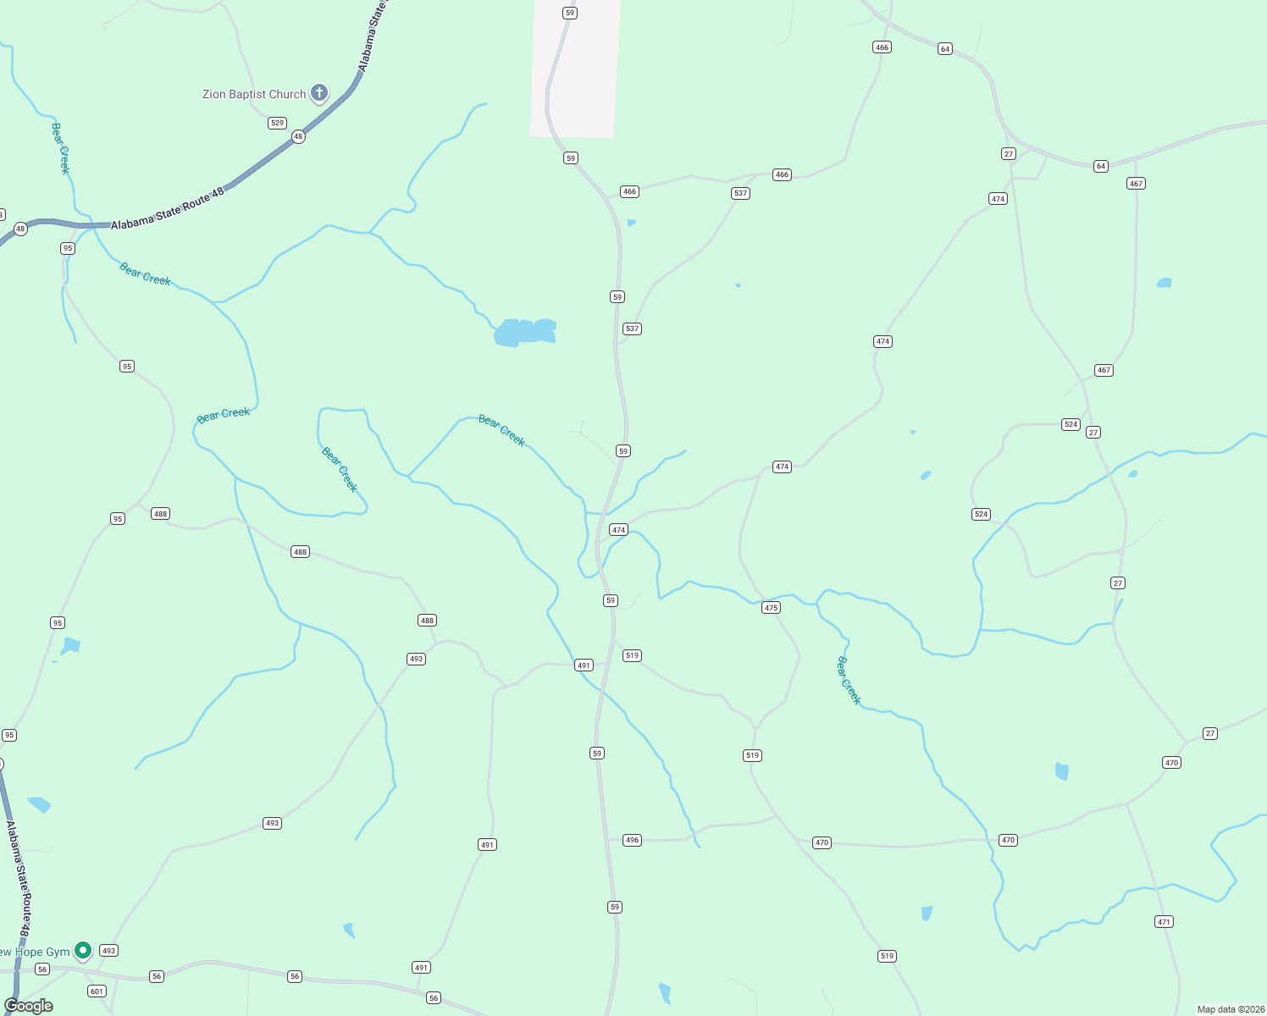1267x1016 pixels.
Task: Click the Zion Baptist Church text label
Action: click(254, 94)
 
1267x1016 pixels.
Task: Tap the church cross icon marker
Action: click(319, 92)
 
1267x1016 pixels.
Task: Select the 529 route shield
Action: click(277, 123)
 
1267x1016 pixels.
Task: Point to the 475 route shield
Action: click(771, 608)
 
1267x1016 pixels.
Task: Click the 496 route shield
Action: click(632, 840)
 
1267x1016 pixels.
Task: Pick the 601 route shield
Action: click(97, 991)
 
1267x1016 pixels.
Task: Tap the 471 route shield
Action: click(1165, 922)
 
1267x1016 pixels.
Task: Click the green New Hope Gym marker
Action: click(83, 951)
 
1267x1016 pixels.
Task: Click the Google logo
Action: click(29, 1006)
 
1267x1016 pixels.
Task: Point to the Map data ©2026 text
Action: click(1230, 1009)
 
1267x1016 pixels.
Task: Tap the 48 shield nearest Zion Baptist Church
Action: click(298, 136)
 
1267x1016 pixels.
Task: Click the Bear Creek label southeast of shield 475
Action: click(849, 680)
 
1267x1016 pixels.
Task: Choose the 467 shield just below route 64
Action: click(1136, 184)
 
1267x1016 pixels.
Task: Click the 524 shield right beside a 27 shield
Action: click(1071, 424)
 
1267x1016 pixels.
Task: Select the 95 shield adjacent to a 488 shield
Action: click(118, 519)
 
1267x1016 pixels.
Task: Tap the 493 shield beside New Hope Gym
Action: click(108, 951)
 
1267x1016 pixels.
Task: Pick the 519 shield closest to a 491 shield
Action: click(632, 655)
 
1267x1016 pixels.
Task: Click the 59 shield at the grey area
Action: click(570, 13)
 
